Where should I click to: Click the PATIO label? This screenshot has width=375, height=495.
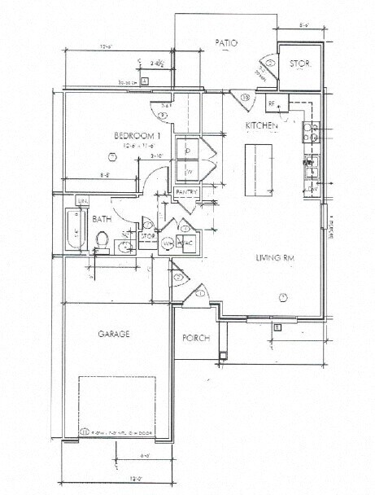pos(225,42)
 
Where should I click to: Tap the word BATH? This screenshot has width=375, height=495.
pos(102,219)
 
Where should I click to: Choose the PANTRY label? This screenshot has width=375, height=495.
pos(186,191)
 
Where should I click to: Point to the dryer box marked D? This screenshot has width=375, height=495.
pos(188,151)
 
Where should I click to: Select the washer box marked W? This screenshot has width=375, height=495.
pos(188,172)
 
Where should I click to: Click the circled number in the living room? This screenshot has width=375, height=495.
pos(284,296)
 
